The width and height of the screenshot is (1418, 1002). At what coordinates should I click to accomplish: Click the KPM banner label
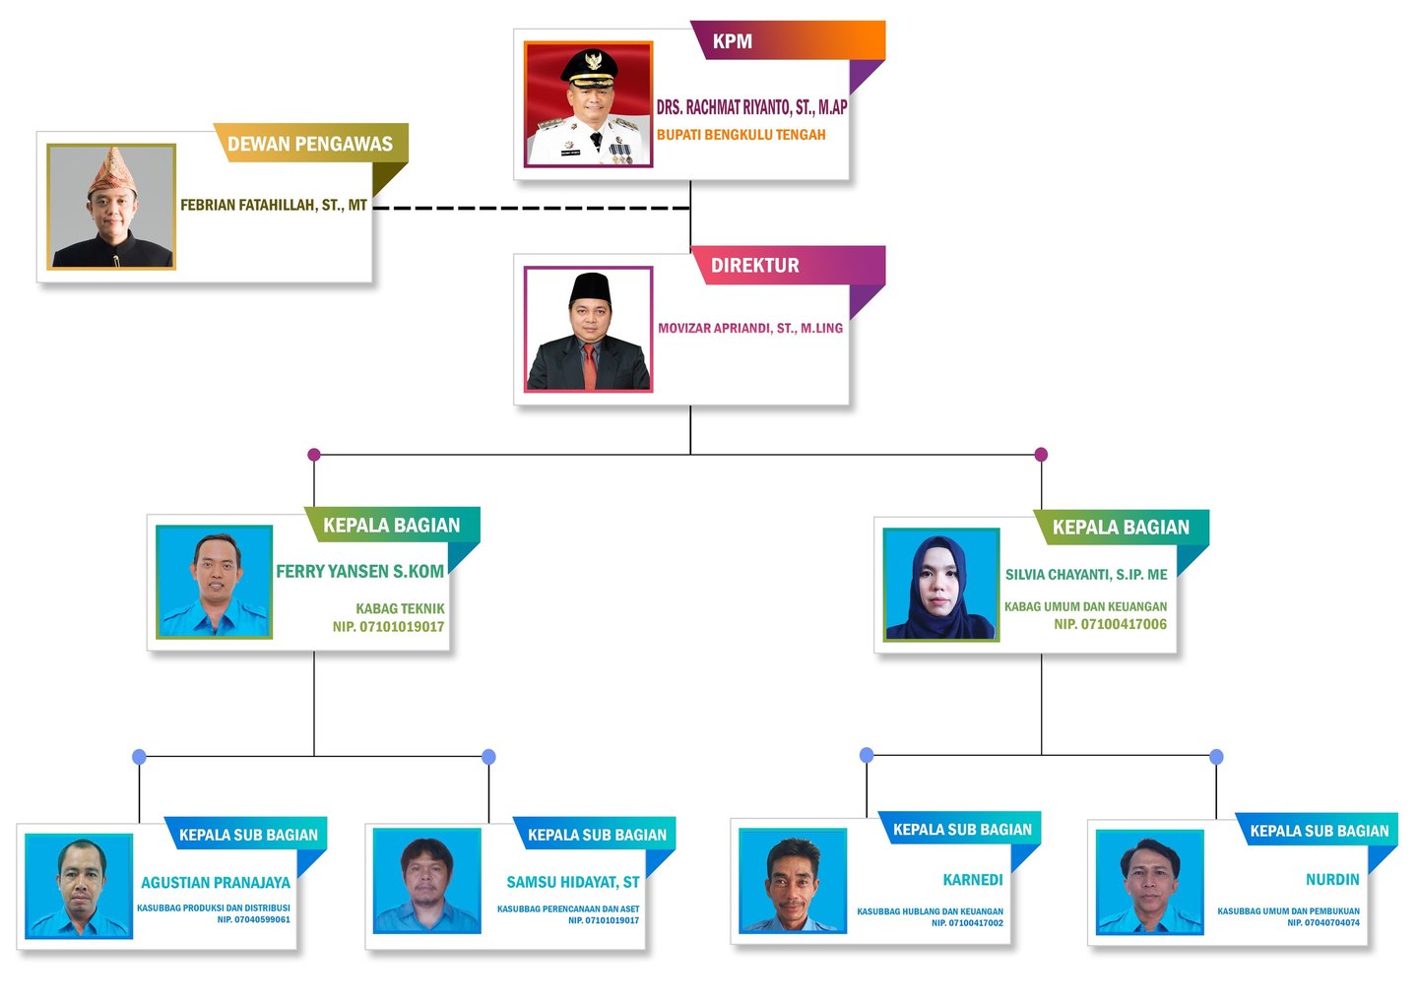[x=732, y=41]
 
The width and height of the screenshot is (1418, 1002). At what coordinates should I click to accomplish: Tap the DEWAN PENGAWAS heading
[x=310, y=144]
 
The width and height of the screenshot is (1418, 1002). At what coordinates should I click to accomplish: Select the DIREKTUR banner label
[x=754, y=266]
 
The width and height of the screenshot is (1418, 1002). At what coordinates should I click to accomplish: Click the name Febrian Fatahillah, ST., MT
[x=273, y=206]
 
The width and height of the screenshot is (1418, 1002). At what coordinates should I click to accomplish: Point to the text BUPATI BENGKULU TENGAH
[x=741, y=135]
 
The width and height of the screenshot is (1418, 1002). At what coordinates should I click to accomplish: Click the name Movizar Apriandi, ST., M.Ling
[x=749, y=329]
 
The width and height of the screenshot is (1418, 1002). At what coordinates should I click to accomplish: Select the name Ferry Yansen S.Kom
[x=359, y=572]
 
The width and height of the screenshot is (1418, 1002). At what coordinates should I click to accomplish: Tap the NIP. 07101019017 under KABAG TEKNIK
[x=388, y=627]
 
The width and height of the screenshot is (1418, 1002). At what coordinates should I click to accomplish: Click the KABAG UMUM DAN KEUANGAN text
[x=1085, y=607]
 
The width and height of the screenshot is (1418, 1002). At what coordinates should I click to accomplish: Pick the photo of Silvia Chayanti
[x=940, y=585]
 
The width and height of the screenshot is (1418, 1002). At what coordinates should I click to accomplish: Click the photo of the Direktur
[x=588, y=330]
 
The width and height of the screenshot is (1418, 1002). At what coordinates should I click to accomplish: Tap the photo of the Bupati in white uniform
[x=588, y=104]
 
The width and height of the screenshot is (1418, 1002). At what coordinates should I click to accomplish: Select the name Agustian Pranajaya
[x=215, y=883]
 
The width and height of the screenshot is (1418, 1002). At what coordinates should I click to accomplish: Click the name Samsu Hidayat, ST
[x=572, y=883]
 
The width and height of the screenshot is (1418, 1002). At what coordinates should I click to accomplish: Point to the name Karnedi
[x=972, y=880]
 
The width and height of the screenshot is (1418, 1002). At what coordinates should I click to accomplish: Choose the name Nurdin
[x=1331, y=880]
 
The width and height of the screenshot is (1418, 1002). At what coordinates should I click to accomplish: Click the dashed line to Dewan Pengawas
[x=532, y=209]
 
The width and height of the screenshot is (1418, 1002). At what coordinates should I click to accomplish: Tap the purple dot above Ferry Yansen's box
[x=314, y=455]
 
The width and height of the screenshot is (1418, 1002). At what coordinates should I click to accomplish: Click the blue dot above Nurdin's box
[x=1216, y=757]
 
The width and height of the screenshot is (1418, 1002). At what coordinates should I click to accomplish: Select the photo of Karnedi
[x=793, y=881]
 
